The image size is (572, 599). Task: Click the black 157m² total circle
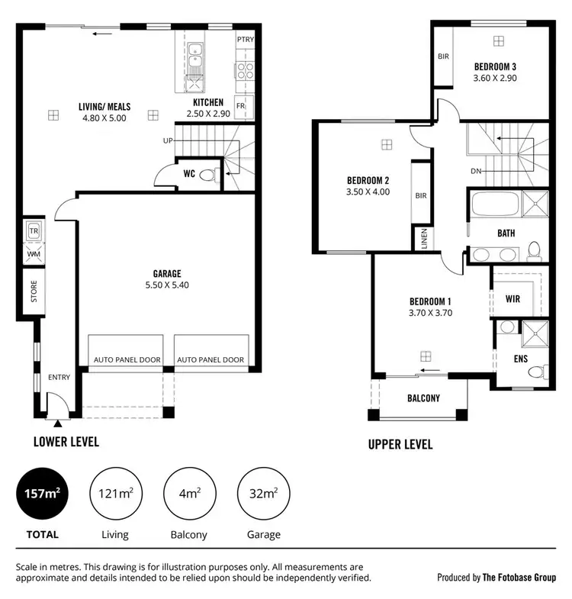(43, 494)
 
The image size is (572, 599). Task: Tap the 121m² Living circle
(115, 494)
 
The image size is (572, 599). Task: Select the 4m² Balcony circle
(190, 494)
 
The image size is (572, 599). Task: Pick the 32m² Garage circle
(264, 494)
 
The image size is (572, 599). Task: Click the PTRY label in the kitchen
(246, 39)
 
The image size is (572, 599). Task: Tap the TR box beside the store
(34, 230)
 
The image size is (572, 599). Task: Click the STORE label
(34, 292)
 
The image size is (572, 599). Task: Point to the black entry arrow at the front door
(57, 420)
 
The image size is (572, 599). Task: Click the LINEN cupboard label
(423, 238)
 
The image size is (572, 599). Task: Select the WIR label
(513, 299)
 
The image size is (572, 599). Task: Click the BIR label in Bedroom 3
(443, 56)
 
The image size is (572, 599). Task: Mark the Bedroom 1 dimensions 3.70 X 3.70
(431, 312)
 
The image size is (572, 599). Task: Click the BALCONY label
(423, 398)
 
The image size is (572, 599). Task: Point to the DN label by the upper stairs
(476, 171)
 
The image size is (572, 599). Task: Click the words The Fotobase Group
(519, 578)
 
